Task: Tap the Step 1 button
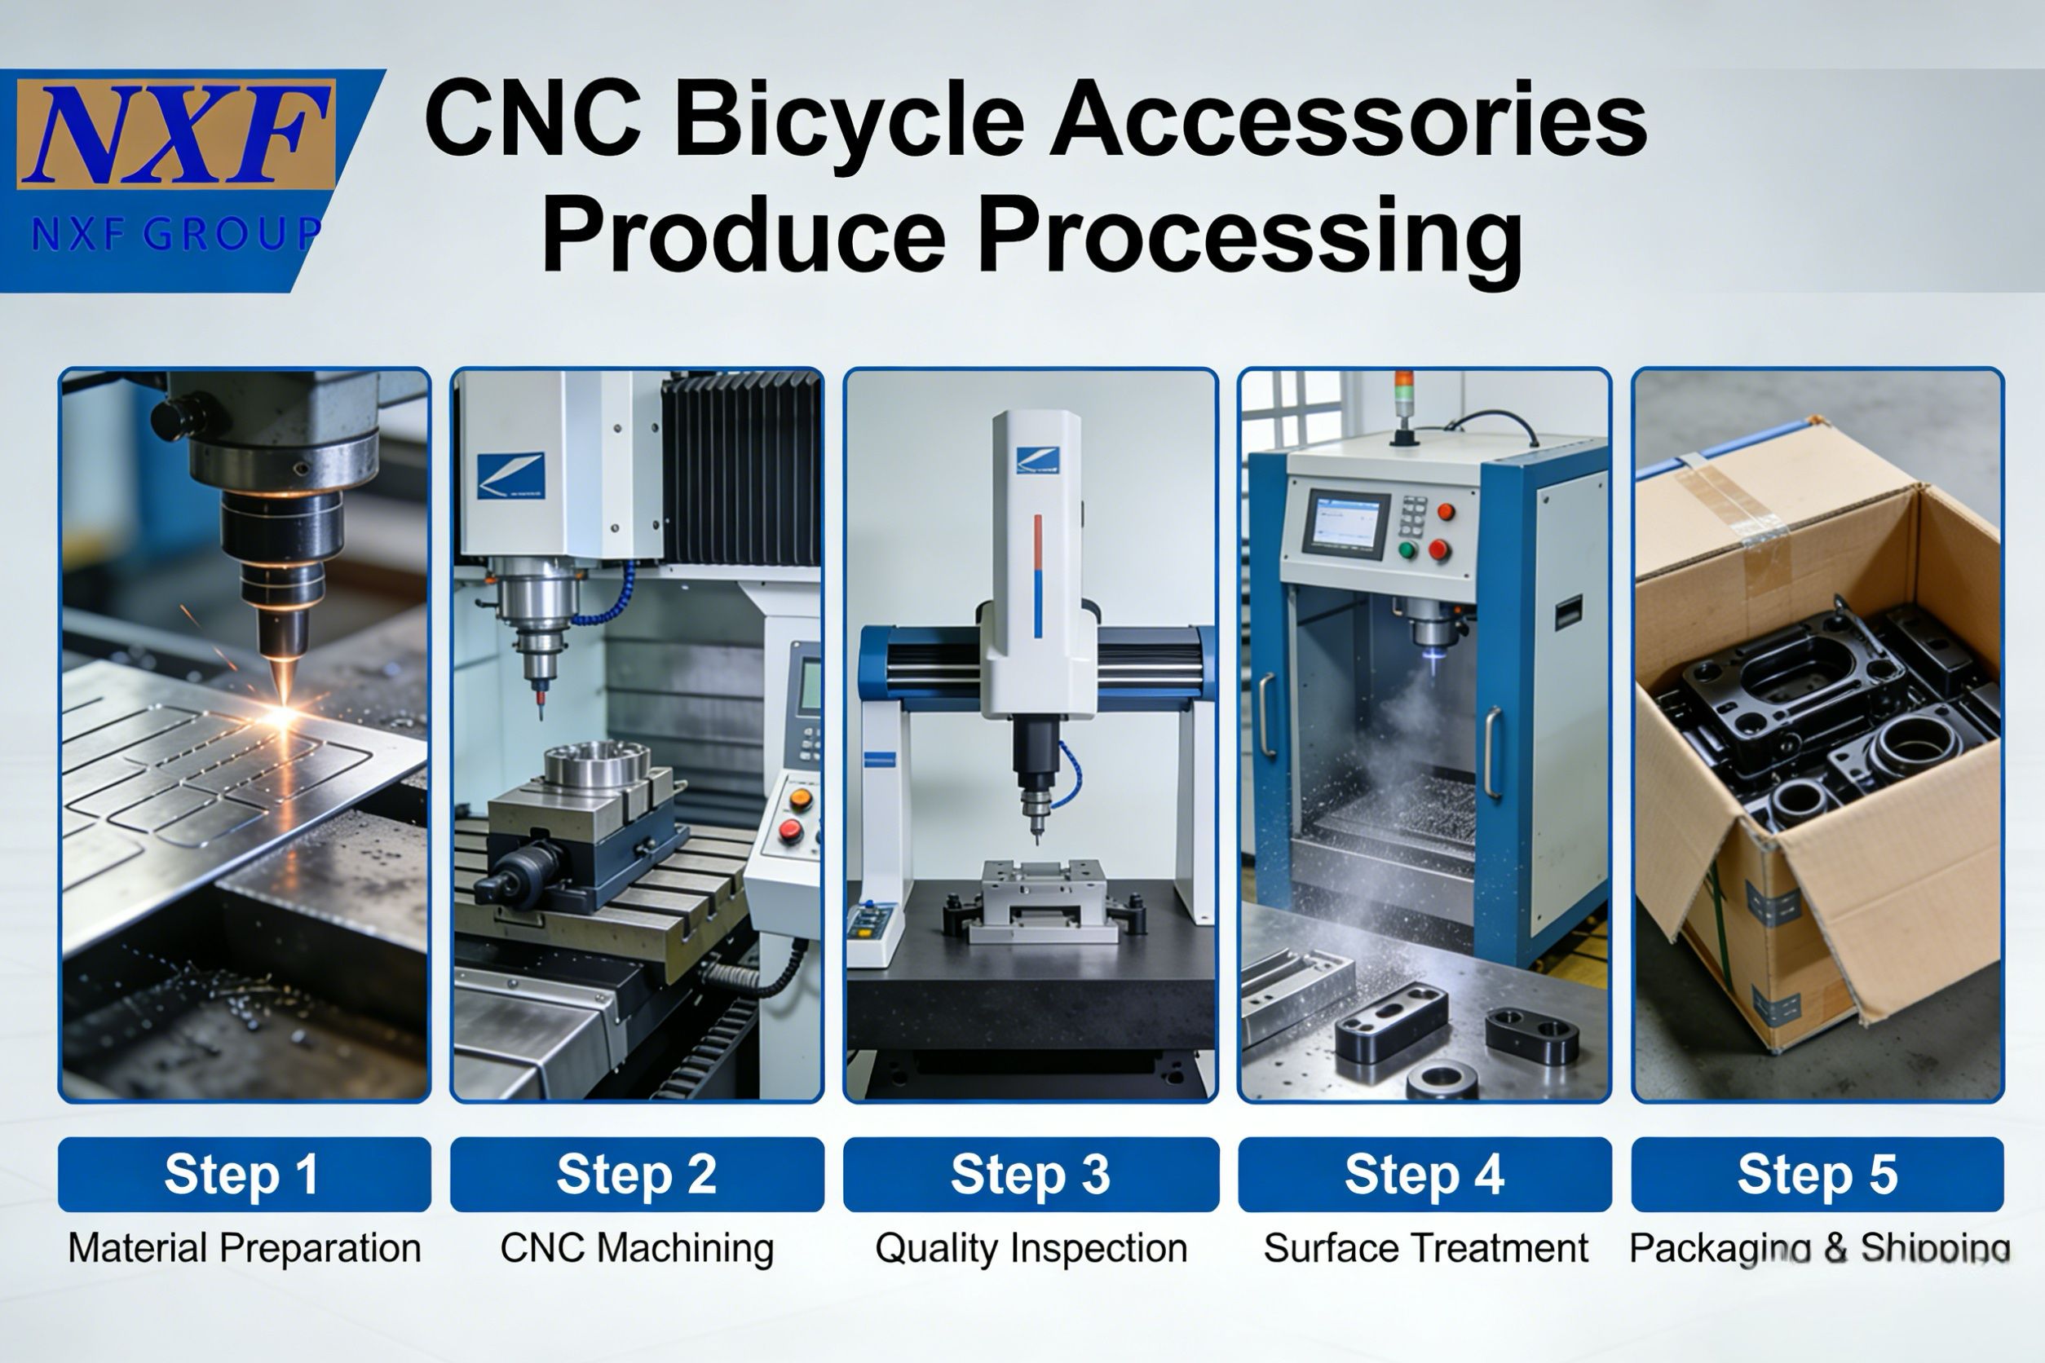click(x=245, y=1175)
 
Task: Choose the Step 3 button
click(x=1031, y=1175)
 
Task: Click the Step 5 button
click(x=1818, y=1175)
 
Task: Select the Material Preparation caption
click(x=245, y=1248)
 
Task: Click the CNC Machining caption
click(x=637, y=1248)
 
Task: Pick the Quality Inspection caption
click(x=1031, y=1248)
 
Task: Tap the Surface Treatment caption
click(x=1425, y=1248)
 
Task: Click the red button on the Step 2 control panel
click(x=790, y=831)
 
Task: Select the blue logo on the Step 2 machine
click(x=511, y=476)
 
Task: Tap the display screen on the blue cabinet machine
click(x=1345, y=523)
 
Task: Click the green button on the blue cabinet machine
click(x=1407, y=550)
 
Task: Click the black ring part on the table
click(x=1441, y=1080)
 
